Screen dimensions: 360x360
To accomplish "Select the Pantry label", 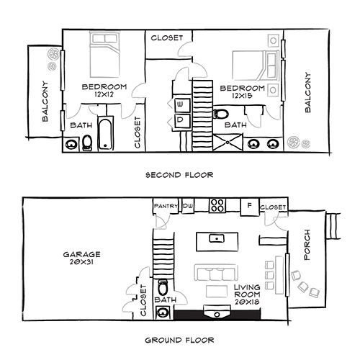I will coord(166,207).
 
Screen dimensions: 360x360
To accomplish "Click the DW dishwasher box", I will coord(188,207).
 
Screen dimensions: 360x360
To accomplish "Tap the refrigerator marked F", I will coord(248,206).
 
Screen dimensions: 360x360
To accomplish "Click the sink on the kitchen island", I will coord(215,238).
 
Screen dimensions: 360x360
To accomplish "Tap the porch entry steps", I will coord(333,227).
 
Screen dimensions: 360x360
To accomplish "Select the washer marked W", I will coord(180,105).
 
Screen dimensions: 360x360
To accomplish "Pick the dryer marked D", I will coord(180,120).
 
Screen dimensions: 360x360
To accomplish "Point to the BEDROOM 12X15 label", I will coord(248,91).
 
